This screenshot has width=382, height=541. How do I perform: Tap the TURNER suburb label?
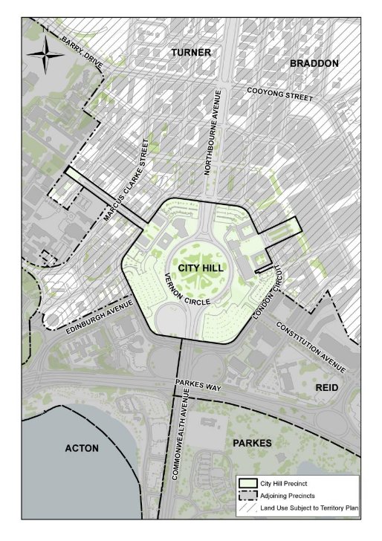191,53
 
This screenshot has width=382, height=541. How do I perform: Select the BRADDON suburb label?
314,63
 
